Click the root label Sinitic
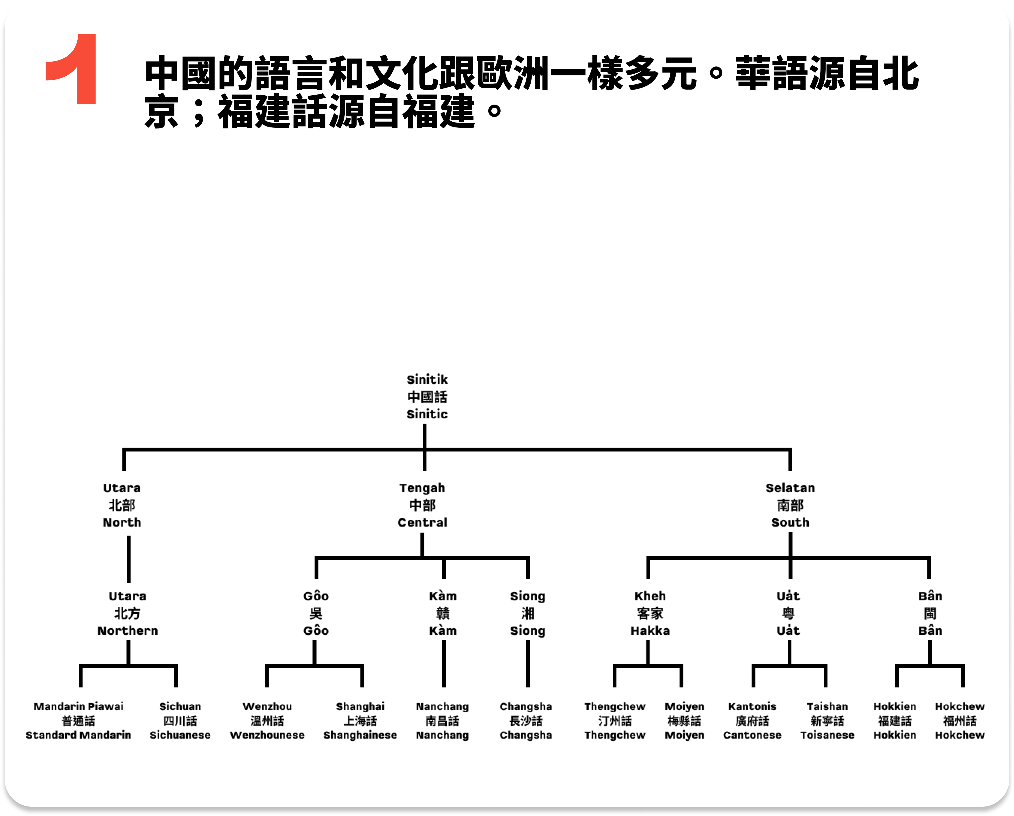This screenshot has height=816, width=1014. [426, 414]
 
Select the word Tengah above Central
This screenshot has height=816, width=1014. [422, 488]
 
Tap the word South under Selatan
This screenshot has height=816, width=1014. [790, 522]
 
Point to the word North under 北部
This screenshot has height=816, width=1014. [122, 522]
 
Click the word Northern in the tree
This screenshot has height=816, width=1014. [127, 630]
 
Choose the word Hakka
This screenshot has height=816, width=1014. [650, 630]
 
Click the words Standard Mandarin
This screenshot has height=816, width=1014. [78, 735]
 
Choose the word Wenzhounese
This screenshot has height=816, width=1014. [267, 735]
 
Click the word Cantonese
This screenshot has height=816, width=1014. [752, 735]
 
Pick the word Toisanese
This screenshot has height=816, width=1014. [827, 735]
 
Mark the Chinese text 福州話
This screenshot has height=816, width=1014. [959, 721]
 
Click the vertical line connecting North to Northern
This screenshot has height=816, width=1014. [128, 559]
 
